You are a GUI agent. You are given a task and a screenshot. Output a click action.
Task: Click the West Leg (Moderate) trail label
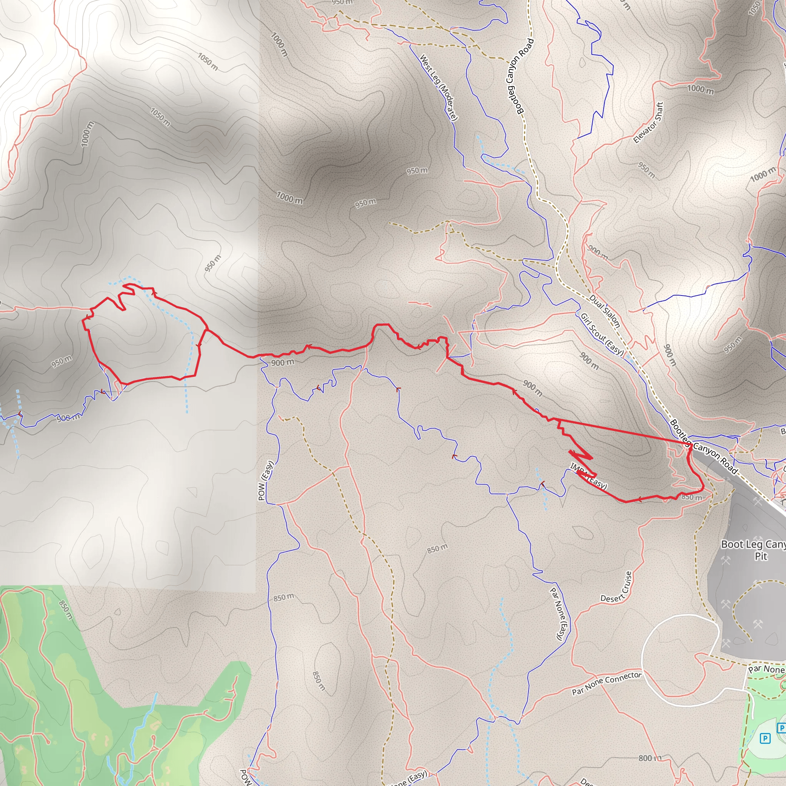coord(439,88)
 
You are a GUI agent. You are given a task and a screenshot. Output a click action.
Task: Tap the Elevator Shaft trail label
coord(649,122)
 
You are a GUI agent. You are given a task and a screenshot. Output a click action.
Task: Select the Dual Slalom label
coord(604,311)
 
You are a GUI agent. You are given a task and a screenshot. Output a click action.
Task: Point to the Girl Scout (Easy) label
coord(602,334)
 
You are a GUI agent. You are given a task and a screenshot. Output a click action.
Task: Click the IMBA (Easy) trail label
coord(589,476)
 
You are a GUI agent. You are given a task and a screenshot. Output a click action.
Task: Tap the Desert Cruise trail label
coord(617,587)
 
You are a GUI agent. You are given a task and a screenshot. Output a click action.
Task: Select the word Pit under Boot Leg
coord(761,556)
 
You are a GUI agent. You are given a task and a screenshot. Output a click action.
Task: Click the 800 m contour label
coord(650,758)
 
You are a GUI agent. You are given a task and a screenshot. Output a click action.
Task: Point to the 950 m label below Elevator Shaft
coord(646,170)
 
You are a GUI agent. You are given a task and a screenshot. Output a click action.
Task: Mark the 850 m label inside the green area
coord(66,610)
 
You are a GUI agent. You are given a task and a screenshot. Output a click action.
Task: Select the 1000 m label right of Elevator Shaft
coord(700,89)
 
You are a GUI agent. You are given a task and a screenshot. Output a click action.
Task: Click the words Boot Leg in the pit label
coord(736,544)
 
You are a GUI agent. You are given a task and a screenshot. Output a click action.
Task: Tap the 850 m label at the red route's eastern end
coord(692,497)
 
